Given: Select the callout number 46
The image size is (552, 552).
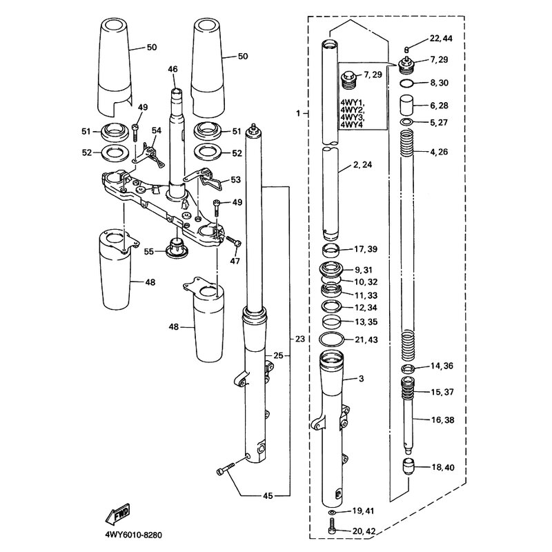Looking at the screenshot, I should click(172, 69).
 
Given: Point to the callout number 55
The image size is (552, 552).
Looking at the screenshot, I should click(150, 251).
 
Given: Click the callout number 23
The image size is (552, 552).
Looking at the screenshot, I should click(298, 339).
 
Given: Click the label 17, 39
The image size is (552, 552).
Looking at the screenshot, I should click(366, 248).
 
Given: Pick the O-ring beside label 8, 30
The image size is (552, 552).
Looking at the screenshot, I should click(407, 83).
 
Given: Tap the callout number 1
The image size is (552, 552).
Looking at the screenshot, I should click(298, 112).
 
